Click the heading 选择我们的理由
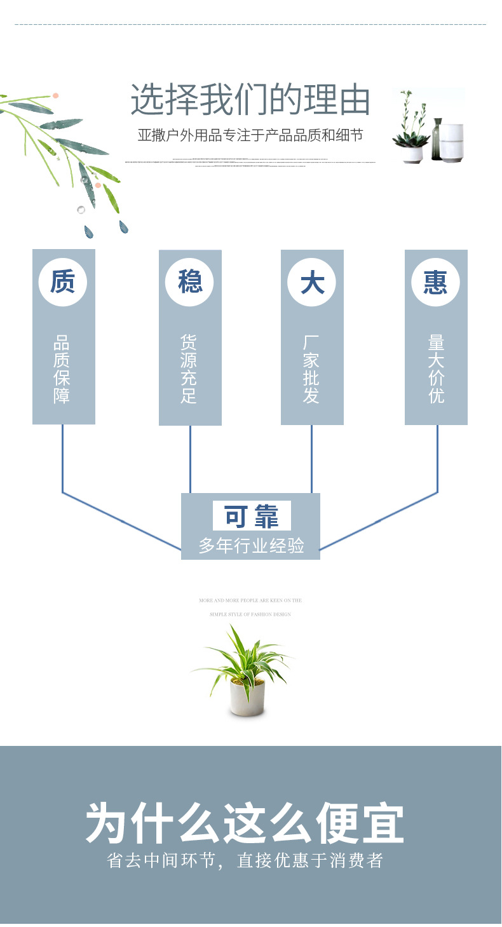250,100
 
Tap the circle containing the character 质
62,281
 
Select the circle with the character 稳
190,281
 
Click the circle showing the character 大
312,281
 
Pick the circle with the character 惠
436,281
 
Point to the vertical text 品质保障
62,369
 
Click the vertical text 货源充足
189,369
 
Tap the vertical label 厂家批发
311,369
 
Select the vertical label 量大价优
436,369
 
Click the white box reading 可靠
252,516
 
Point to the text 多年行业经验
251,545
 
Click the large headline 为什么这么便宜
245,824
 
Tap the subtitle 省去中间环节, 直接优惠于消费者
245,861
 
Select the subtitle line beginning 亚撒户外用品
250,135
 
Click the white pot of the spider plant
247,699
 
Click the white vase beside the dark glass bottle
452,142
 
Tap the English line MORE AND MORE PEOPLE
250,600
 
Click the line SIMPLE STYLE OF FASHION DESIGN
250,614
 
